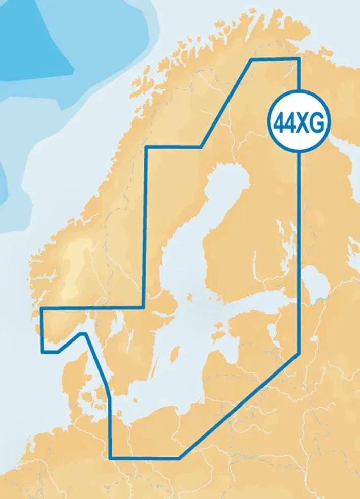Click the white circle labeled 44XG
(x=299, y=122)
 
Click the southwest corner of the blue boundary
(x=111, y=458)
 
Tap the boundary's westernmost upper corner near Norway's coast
(x=41, y=308)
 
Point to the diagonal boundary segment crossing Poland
(x=239, y=407)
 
